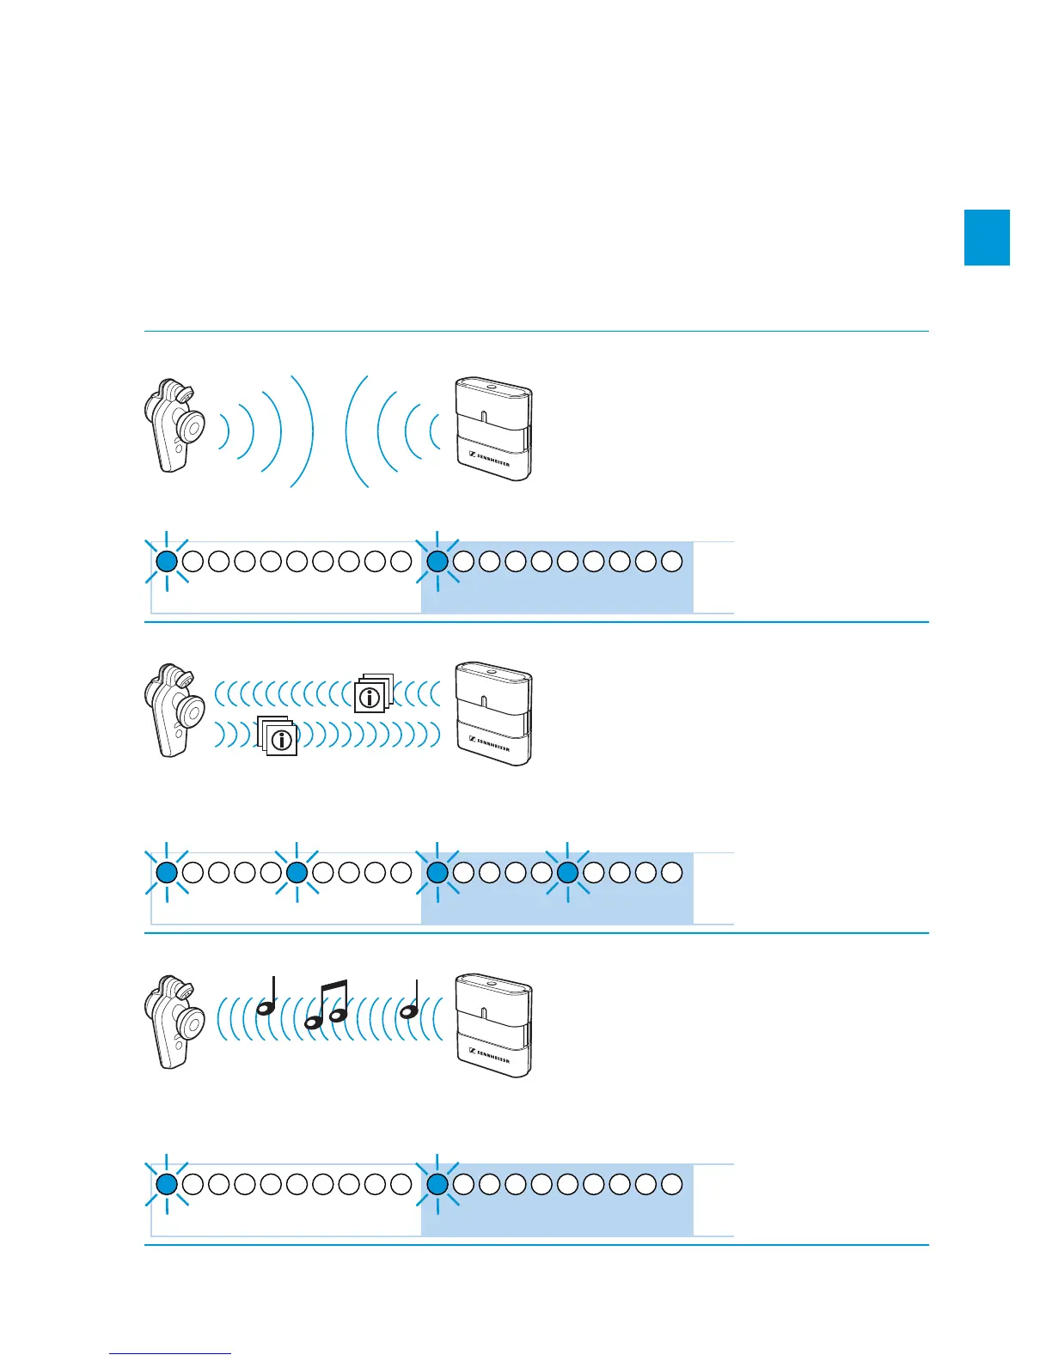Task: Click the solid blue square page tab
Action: click(x=987, y=237)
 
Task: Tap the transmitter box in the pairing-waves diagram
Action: click(x=493, y=428)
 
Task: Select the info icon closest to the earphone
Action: click(x=280, y=738)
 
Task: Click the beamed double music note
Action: click(x=327, y=1004)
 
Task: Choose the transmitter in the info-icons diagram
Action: click(x=493, y=713)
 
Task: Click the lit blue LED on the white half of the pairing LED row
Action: click(x=167, y=562)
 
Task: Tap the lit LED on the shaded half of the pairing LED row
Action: click(x=437, y=562)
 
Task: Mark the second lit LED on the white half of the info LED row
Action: click(x=297, y=873)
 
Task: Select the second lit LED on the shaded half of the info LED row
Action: click(x=567, y=873)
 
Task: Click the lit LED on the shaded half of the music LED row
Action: click(x=437, y=1184)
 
